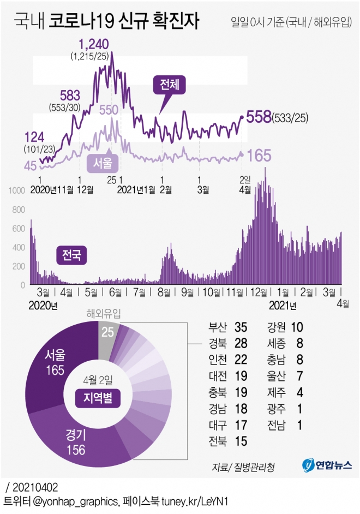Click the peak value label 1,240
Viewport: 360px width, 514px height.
tap(94, 44)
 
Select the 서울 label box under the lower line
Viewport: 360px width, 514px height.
tap(102, 162)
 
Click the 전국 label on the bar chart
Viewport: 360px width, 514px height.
tap(71, 255)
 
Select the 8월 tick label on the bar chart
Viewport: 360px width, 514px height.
tap(163, 292)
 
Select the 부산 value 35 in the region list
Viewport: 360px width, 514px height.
tap(241, 327)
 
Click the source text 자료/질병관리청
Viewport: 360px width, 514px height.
tap(244, 467)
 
